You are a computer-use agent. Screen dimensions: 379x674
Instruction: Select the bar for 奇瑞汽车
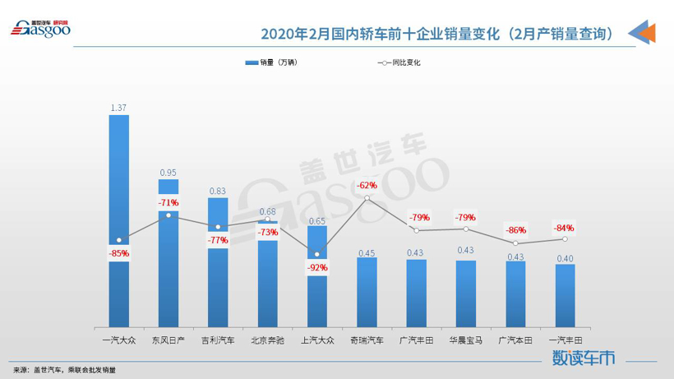(x=367, y=293)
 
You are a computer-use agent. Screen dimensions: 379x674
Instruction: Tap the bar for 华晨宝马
(x=466, y=293)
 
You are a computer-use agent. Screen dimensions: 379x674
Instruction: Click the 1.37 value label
(x=119, y=108)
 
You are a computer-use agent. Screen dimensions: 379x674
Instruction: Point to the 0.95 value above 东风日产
(x=168, y=173)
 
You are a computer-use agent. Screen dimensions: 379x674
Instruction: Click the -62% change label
(x=367, y=185)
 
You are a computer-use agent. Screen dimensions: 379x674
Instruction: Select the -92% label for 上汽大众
(x=317, y=267)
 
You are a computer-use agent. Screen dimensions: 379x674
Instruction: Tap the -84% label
(x=564, y=228)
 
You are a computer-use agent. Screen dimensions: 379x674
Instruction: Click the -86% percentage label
(x=515, y=230)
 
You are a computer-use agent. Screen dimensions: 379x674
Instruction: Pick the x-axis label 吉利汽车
(x=218, y=340)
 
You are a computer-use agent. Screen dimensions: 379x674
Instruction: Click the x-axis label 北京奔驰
(x=267, y=340)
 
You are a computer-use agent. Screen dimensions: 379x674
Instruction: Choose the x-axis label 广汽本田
(x=515, y=340)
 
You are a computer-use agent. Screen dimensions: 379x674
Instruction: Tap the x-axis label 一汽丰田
(x=565, y=340)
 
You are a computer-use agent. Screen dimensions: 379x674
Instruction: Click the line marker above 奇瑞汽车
(x=367, y=198)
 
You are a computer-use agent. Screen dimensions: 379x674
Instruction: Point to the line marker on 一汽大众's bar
(x=119, y=240)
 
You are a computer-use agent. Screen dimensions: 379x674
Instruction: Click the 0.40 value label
(x=565, y=258)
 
